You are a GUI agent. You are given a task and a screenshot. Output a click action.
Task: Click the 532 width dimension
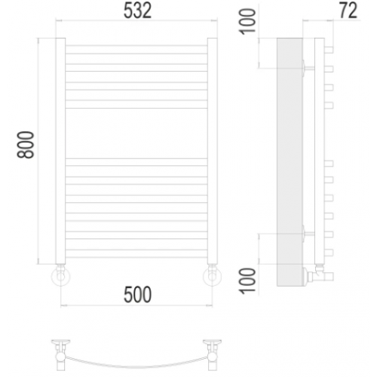coord(137,11)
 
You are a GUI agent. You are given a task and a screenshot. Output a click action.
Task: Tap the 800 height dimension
coord(26,145)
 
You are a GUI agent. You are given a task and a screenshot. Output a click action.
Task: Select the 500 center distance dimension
coord(137,295)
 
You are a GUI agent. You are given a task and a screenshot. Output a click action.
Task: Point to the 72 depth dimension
coord(348,11)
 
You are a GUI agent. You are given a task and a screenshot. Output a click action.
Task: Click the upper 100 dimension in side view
coord(248,22)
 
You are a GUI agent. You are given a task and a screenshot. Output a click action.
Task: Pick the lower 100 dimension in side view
coord(248,280)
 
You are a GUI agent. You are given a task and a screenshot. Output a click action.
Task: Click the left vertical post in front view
coord(60,151)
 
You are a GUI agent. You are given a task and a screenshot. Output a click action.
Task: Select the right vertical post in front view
coord(213,151)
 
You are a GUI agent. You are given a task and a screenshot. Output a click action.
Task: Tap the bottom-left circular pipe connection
coord(60,277)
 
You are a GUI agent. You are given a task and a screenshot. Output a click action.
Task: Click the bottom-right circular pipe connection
coord(213,277)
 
